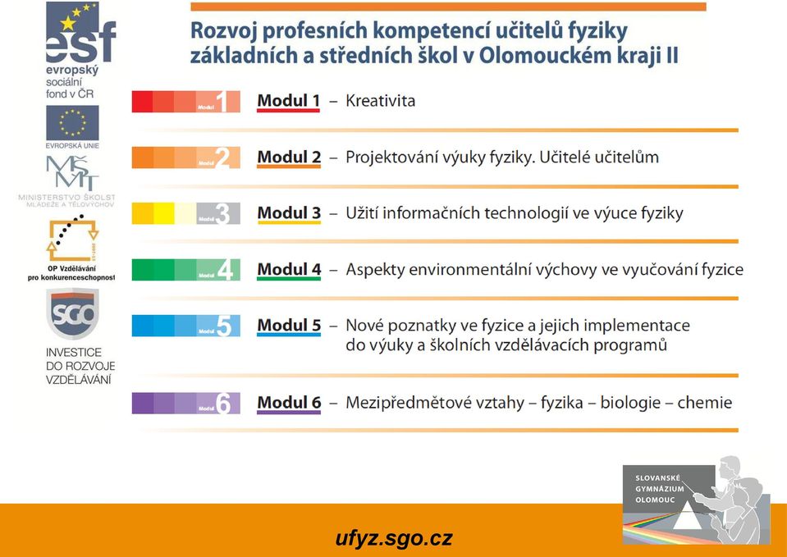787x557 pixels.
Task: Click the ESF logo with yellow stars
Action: (x=80, y=32)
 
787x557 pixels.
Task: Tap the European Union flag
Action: (x=72, y=123)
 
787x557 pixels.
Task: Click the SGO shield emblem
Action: (x=73, y=313)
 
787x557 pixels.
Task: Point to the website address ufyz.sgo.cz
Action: (x=394, y=538)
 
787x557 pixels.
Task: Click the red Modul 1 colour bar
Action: (x=185, y=102)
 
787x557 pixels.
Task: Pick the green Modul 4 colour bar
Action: (x=185, y=269)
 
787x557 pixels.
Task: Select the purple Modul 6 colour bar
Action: (x=185, y=403)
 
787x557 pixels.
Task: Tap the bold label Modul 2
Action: (x=289, y=157)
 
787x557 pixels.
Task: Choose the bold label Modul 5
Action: (x=289, y=325)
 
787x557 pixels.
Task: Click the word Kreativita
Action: (x=381, y=101)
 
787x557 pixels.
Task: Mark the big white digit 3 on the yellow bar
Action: (x=222, y=214)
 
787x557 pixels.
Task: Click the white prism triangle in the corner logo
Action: (x=688, y=517)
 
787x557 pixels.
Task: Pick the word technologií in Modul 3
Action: (x=520, y=213)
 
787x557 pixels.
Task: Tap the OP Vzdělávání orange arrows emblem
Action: (x=72, y=239)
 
